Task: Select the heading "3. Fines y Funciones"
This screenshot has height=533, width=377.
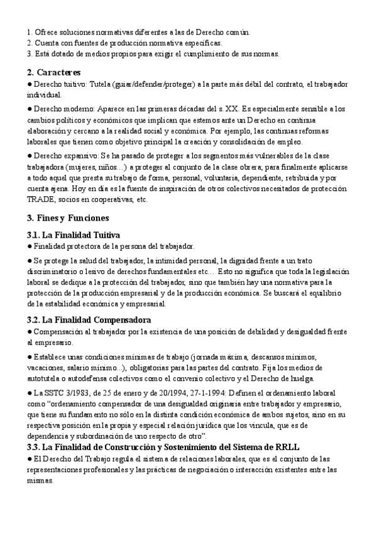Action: point(68,218)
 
